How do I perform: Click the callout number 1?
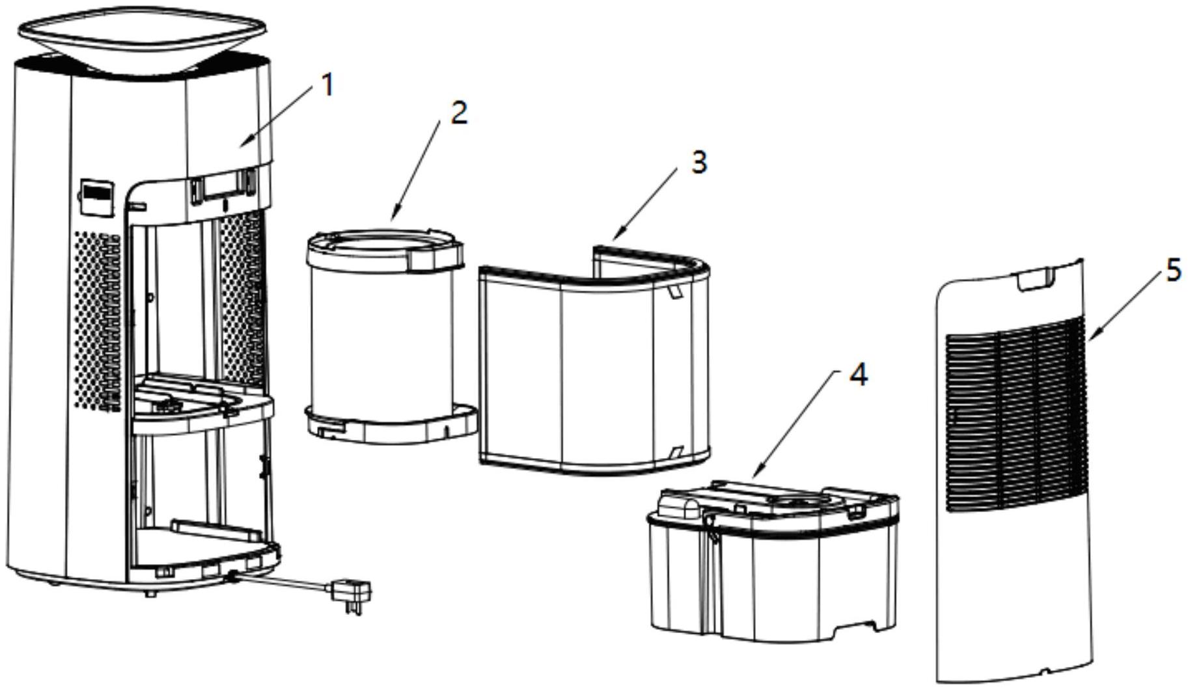point(327,85)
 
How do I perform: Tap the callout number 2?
point(459,113)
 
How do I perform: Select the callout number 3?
point(698,161)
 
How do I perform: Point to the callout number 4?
point(859,375)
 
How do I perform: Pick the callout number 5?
point(1173,269)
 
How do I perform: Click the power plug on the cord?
point(352,593)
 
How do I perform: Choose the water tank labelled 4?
point(775,566)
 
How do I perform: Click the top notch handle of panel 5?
point(1035,277)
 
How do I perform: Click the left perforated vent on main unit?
point(98,319)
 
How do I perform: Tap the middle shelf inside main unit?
point(202,407)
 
